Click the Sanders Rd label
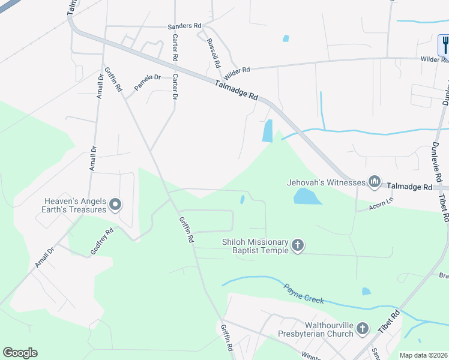tap(184, 26)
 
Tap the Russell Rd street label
tap(212, 52)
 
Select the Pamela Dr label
tap(148, 82)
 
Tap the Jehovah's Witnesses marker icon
tap(375, 181)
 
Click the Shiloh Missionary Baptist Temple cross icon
tap(298, 245)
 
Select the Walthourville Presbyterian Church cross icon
tap(362, 328)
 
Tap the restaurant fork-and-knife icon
tap(445, 44)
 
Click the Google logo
tap(20, 353)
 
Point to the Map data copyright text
tap(423, 355)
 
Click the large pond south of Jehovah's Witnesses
tap(304, 196)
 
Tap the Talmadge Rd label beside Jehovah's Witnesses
tap(409, 187)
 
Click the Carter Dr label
tap(175, 87)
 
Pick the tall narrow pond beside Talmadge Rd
tap(268, 131)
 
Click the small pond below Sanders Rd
tap(286, 38)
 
